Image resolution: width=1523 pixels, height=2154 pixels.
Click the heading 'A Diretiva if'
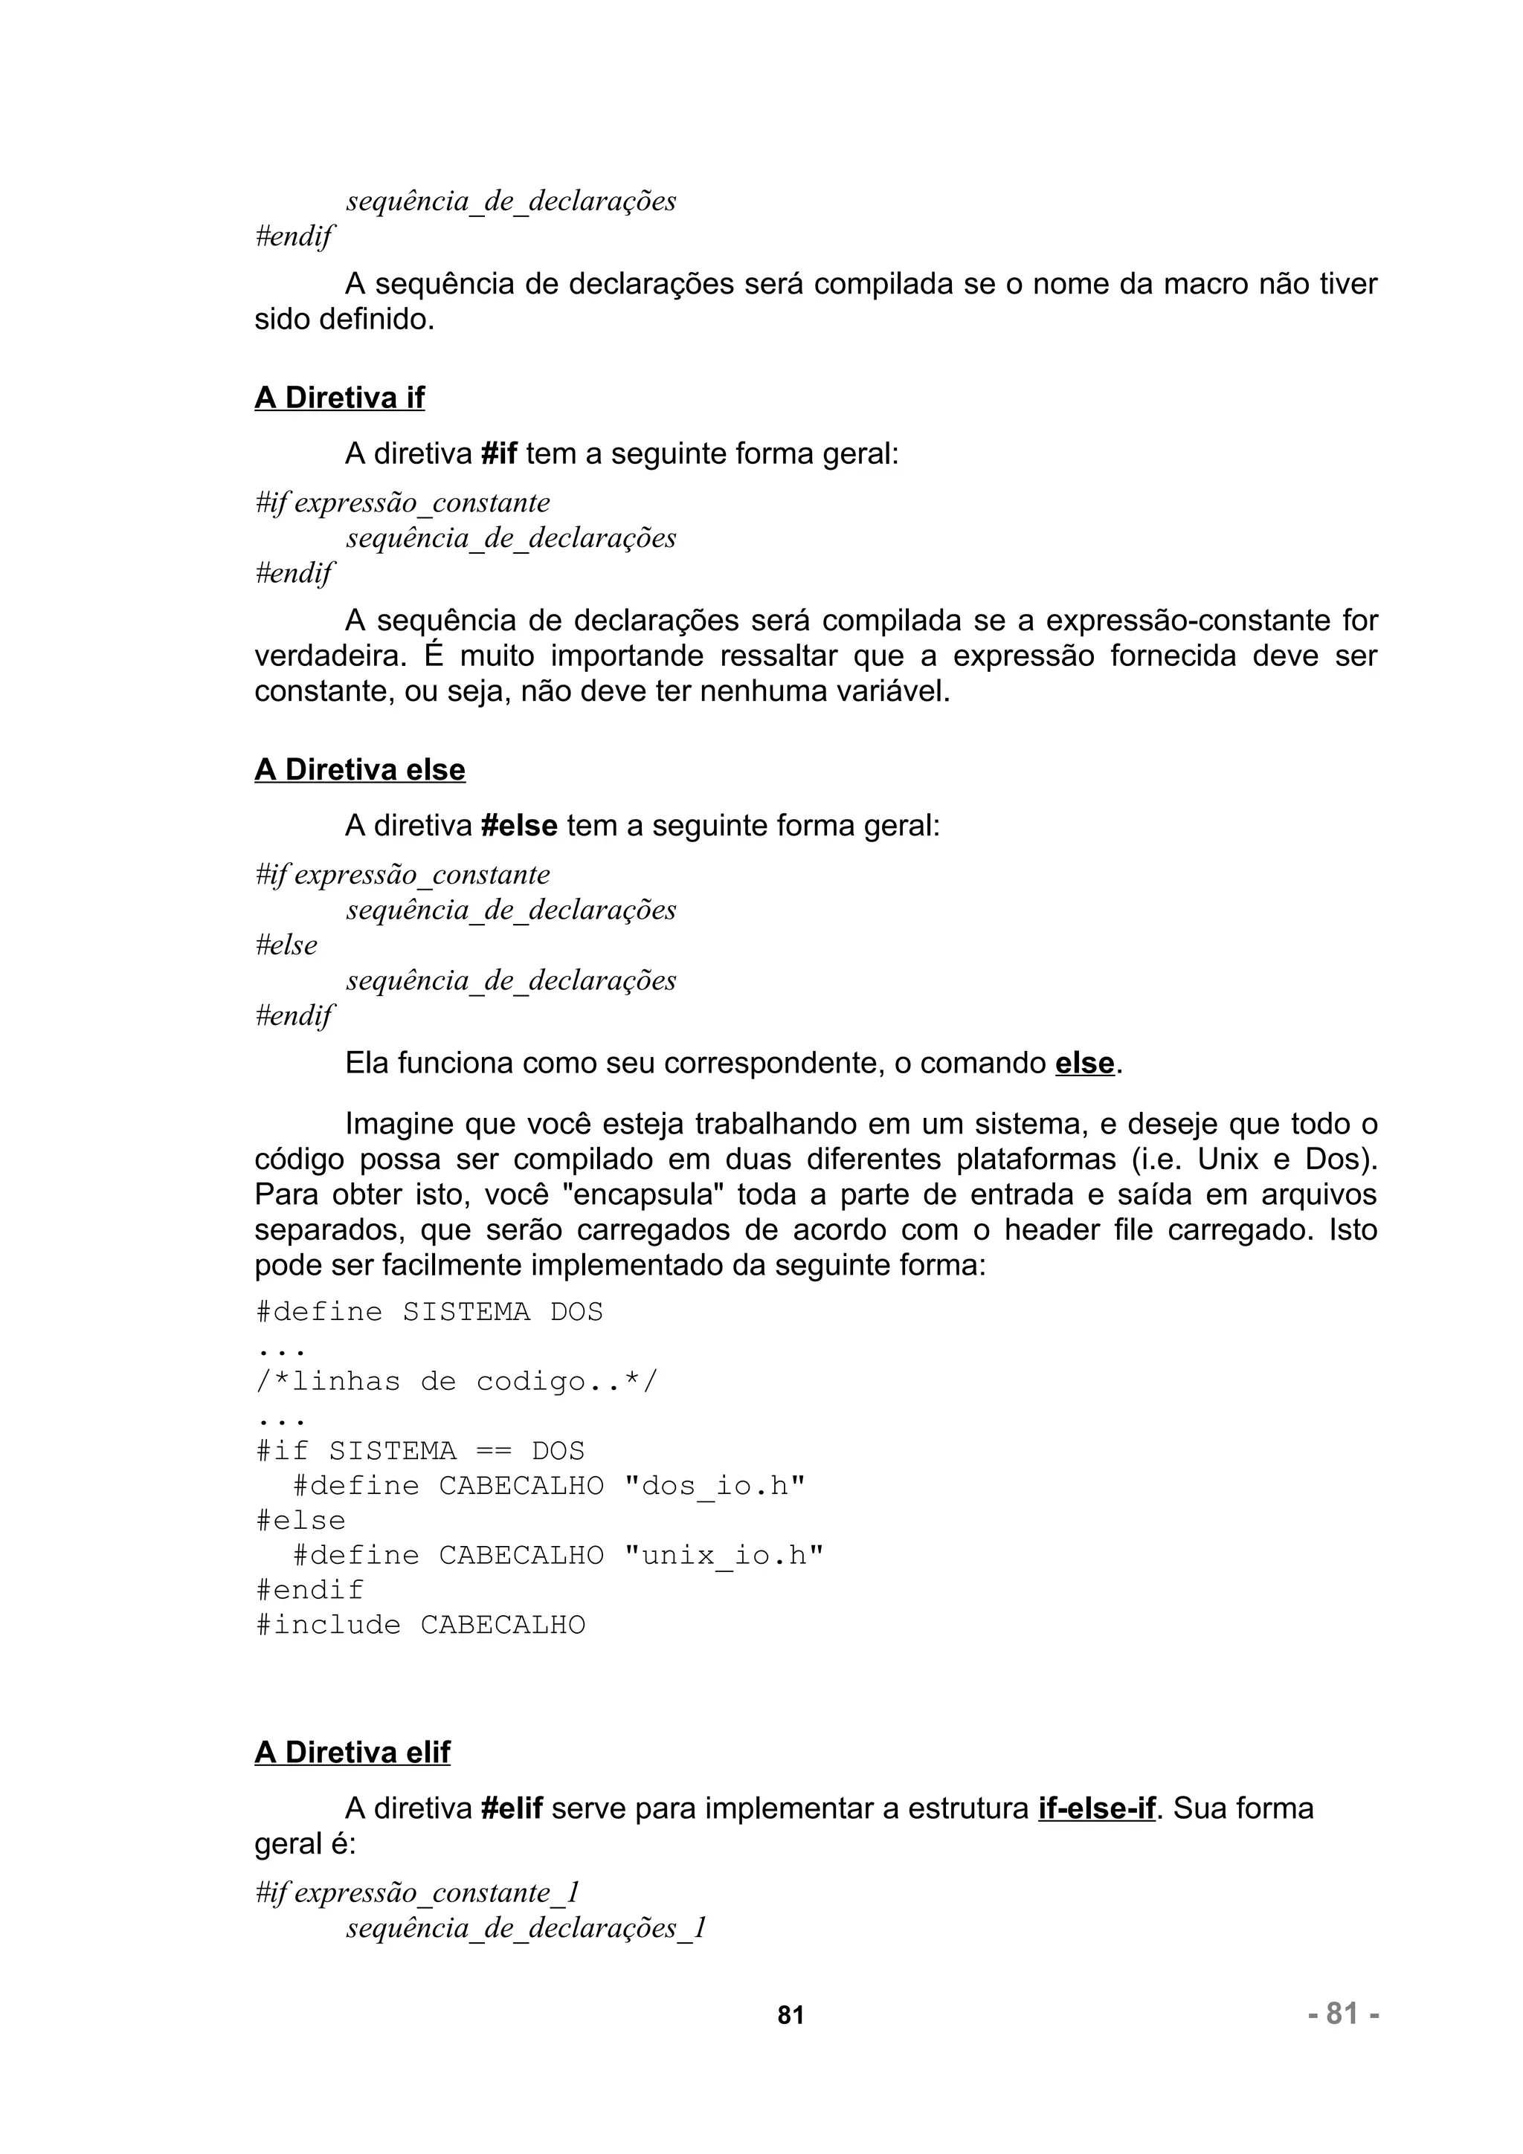(x=339, y=398)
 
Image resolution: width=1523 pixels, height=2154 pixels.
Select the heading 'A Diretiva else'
(x=359, y=769)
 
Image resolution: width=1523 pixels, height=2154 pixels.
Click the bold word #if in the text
(x=498, y=454)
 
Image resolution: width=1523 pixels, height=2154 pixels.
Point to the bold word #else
(x=518, y=826)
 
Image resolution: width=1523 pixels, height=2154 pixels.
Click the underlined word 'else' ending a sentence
(x=1084, y=1063)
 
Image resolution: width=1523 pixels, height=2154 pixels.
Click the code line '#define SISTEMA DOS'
(x=429, y=1312)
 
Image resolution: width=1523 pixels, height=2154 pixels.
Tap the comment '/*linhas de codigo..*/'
(x=457, y=1381)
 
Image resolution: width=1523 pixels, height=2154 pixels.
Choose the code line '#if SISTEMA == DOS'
(x=419, y=1452)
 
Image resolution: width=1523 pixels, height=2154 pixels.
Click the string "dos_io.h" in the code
(x=714, y=1486)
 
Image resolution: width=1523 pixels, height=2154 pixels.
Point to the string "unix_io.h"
(x=723, y=1556)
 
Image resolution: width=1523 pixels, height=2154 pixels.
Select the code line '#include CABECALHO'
(x=419, y=1625)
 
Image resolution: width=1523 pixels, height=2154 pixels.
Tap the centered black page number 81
(x=790, y=2015)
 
